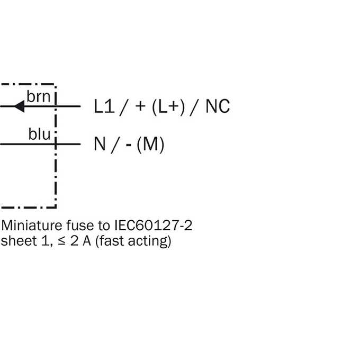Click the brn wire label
coord(38,97)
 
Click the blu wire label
coord(39,134)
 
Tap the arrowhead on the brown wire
coord(20,106)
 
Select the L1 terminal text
coord(104,106)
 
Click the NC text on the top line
coord(218,106)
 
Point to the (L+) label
coord(168,107)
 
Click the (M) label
coord(150,145)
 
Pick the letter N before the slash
coord(100,143)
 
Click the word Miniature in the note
coord(31,226)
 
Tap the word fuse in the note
coord(80,226)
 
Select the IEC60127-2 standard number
coord(153,226)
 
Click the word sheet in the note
coord(19,241)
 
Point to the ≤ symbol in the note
coord(61,241)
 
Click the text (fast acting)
coord(133,241)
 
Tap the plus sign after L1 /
coord(140,106)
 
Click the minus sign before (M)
coord(129,145)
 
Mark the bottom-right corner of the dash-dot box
coord(56,208)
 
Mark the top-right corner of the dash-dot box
coord(56,85)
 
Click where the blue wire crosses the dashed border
coord(56,144)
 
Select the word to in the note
coord(104,226)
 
